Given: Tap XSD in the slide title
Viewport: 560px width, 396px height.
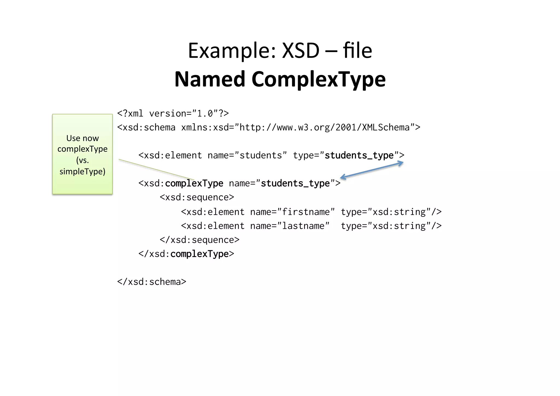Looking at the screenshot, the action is pyautogui.click(x=301, y=51).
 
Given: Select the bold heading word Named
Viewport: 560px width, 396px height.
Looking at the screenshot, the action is pyautogui.click(x=210, y=79).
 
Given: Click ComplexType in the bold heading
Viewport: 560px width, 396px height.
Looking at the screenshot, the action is pyautogui.click(x=319, y=79).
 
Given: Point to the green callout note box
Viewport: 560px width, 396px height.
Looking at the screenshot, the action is pyautogui.click(x=82, y=154).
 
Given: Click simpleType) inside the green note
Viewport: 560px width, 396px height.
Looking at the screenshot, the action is pyautogui.click(x=82, y=172).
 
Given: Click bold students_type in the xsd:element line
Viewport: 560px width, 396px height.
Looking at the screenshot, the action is pyautogui.click(x=359, y=155).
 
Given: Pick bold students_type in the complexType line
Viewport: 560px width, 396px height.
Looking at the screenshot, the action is pyautogui.click(x=295, y=183).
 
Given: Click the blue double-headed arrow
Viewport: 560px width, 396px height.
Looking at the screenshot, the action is pyautogui.click(x=372, y=170).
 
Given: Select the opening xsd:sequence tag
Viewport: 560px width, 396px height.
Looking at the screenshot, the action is pyautogui.click(x=197, y=197).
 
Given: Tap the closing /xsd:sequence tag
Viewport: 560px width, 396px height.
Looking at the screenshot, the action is pyautogui.click(x=200, y=240).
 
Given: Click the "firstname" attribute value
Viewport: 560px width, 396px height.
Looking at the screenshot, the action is pyautogui.click(x=306, y=212).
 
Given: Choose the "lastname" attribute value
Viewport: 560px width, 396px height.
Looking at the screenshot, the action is pyautogui.click(x=303, y=226).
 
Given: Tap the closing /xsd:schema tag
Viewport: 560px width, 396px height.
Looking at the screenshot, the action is pyautogui.click(x=151, y=282).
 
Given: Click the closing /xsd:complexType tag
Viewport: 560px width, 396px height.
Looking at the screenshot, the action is pyautogui.click(x=186, y=254).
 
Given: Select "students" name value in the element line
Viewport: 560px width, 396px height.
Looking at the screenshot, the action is pyautogui.click(x=261, y=155).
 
